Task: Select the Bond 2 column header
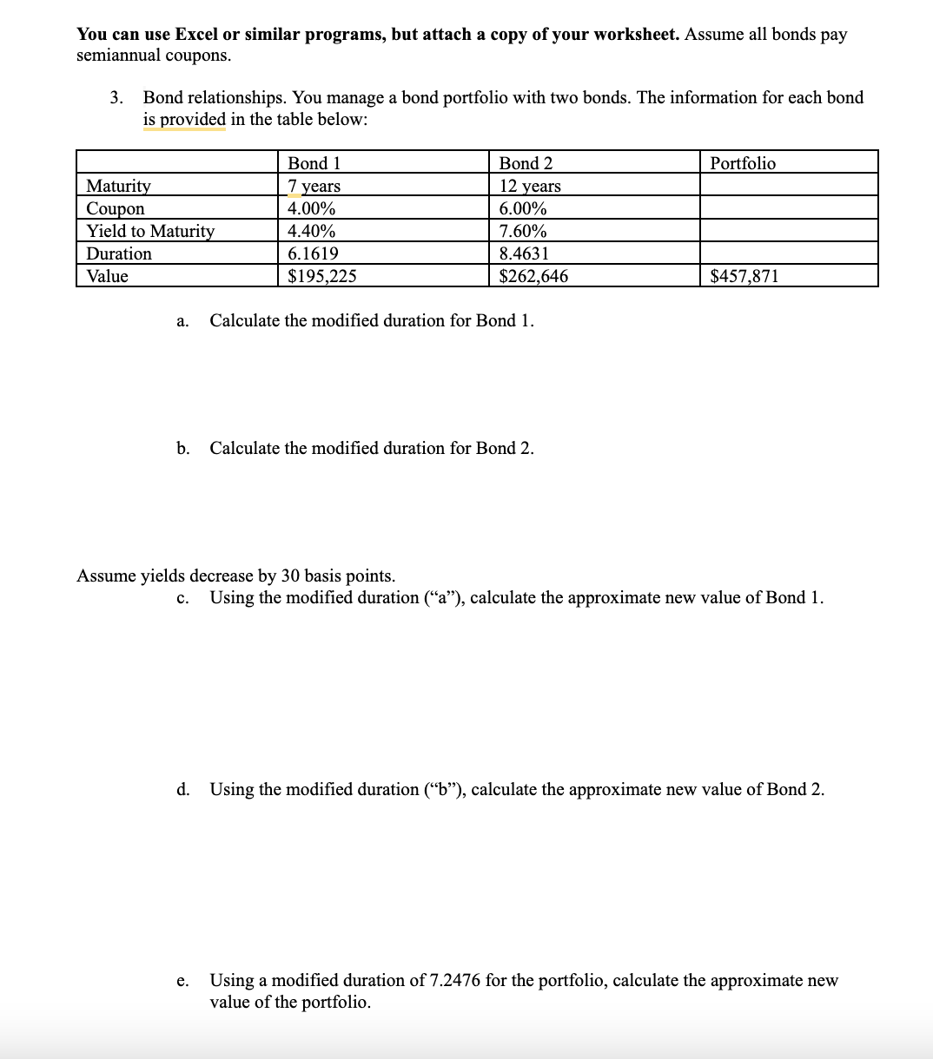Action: coord(526,163)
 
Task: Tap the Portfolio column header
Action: coord(743,163)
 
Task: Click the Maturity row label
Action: coord(118,186)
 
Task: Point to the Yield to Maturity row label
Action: coord(149,231)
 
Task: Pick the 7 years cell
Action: coord(314,186)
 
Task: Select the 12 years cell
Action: coord(530,186)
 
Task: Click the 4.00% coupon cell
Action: coord(311,208)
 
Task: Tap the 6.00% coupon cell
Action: coord(523,208)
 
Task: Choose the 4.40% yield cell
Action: coord(311,231)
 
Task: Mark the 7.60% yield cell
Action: coord(523,231)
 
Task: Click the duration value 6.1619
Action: coord(313,253)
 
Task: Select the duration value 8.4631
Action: coord(524,253)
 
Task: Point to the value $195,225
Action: coord(321,276)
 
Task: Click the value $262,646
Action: coord(533,276)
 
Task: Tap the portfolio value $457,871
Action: coord(744,276)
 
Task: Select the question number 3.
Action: coord(116,97)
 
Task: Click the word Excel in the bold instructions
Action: coord(195,34)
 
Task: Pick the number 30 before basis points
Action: coord(290,576)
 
